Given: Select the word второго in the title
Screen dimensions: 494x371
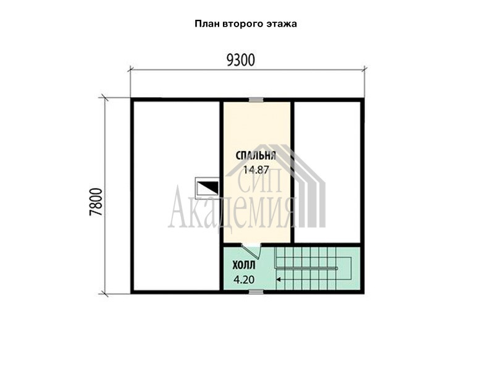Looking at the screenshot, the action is (x=243, y=24).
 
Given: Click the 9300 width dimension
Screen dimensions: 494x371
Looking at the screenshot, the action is (x=241, y=60).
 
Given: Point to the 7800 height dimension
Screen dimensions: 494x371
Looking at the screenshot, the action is (x=96, y=202).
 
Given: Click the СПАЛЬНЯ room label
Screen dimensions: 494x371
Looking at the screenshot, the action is (x=256, y=156).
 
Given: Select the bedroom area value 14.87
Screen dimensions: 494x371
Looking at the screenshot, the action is (x=256, y=170).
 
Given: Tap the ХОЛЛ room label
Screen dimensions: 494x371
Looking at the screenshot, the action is (x=244, y=266).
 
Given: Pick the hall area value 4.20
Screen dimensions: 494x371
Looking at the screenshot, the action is (x=244, y=280).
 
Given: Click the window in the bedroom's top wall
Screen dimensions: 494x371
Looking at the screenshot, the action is (x=256, y=100).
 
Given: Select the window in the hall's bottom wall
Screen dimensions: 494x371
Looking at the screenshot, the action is (x=256, y=292).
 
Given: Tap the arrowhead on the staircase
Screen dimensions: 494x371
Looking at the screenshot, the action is (x=278, y=279).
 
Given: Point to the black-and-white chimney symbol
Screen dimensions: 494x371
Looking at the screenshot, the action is (x=207, y=188).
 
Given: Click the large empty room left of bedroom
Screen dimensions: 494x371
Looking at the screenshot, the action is (x=177, y=195).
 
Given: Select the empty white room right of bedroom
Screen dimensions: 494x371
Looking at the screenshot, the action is (x=328, y=172).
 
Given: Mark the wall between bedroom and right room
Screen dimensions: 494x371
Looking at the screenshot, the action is (x=292, y=172).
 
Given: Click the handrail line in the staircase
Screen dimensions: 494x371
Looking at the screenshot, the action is (x=307, y=268).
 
